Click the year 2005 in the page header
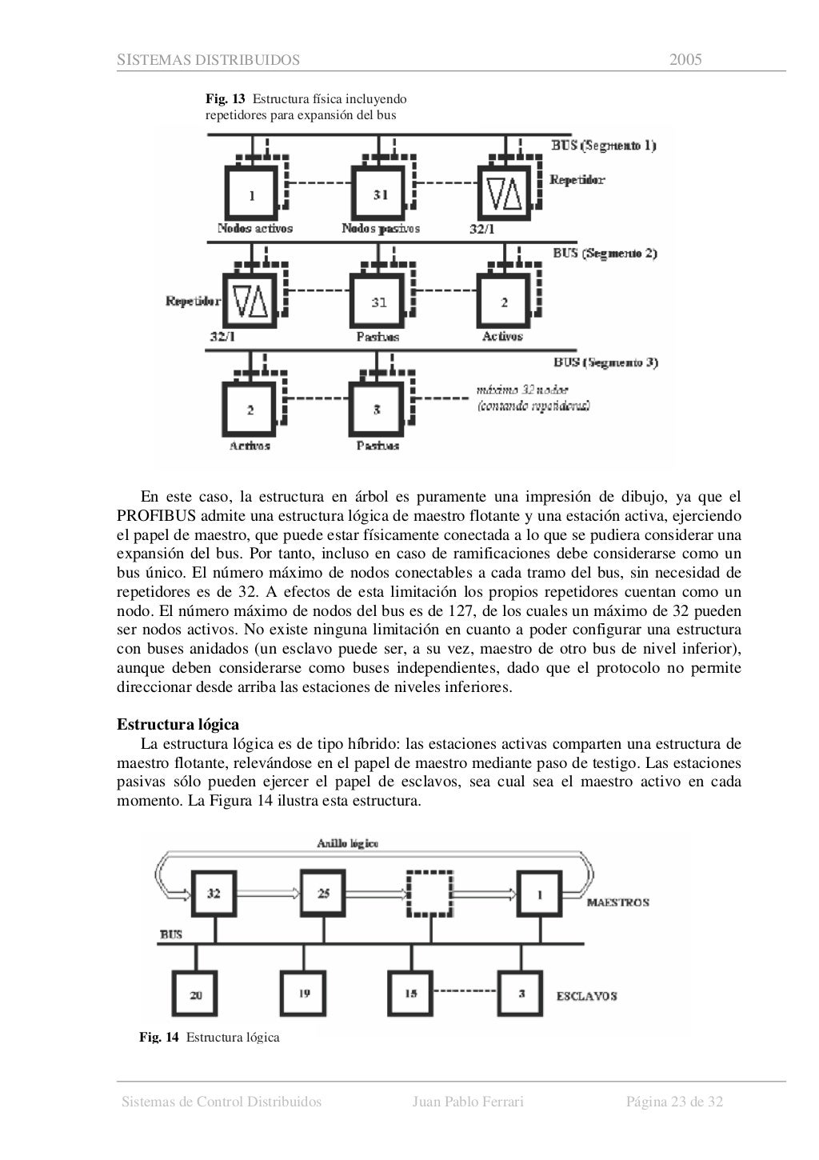tap(685, 60)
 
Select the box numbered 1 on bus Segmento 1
tap(252, 194)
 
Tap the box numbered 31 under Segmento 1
tap(380, 194)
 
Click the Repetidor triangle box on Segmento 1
tap(505, 193)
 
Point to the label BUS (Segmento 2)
tap(605, 254)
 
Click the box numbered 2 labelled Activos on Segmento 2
tap(505, 302)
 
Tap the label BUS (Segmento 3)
tap(605, 362)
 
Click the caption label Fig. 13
tap(226, 99)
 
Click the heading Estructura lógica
tap(178, 725)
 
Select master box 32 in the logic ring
tap(214, 894)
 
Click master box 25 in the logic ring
tap(324, 894)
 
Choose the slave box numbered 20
tap(196, 995)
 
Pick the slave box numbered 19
tap(304, 994)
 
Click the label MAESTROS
tap(617, 902)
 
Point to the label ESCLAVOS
tap(586, 996)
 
